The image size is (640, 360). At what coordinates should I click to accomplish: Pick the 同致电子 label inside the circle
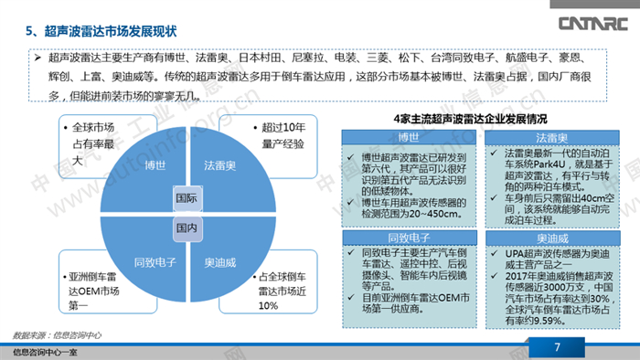[151, 261]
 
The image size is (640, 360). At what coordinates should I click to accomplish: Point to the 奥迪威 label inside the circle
[220, 261]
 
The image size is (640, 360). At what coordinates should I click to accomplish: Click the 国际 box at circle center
[187, 196]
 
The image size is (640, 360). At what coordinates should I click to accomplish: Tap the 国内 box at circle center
[187, 226]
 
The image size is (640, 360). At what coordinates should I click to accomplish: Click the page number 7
[557, 346]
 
